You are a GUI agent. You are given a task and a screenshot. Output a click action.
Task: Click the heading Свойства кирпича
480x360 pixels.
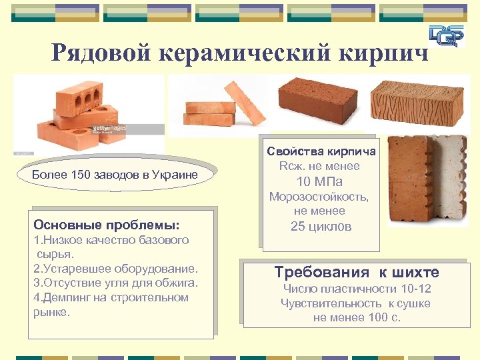[x=321, y=151]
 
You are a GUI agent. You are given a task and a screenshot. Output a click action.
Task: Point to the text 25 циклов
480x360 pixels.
[x=321, y=226]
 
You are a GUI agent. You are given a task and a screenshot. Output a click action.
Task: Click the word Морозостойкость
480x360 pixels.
[x=319, y=197]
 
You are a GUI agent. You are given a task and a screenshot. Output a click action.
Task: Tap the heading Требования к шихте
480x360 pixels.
[x=357, y=272]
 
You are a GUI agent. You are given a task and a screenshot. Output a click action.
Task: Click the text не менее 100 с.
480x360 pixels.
[x=357, y=317]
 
